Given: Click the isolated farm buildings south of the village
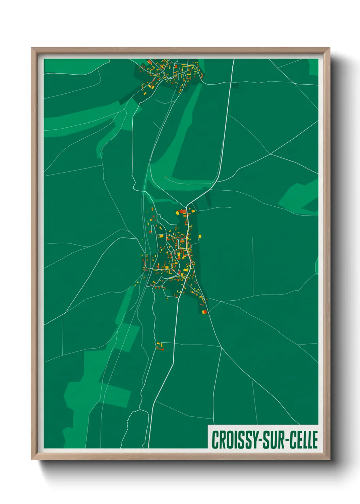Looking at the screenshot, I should point(160,347).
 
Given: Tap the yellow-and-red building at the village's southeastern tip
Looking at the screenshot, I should point(204,311).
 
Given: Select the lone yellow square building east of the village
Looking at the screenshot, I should point(200,236).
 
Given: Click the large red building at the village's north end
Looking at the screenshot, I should point(183,211).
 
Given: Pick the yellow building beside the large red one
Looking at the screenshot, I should point(178,212).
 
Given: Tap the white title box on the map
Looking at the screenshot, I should point(263,437).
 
